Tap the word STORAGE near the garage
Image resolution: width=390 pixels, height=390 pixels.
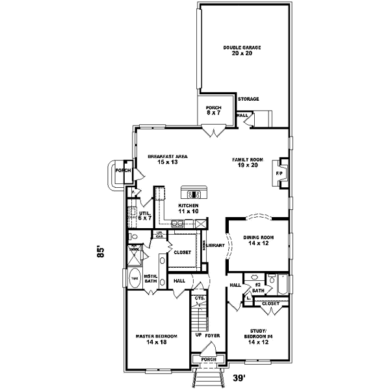point(248,99)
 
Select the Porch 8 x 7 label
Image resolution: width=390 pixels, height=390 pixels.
point(213,110)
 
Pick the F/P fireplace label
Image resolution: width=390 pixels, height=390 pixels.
point(279,174)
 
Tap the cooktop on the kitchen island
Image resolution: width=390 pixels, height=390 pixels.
point(194,194)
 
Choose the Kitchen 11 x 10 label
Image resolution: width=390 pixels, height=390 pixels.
point(188,209)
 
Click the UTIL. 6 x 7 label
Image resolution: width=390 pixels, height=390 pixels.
point(144,216)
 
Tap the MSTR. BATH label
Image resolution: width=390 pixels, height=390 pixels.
point(151,278)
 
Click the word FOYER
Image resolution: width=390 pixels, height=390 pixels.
point(213,335)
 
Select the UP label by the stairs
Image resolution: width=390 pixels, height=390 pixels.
point(198,335)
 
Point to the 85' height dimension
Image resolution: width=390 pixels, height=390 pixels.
point(101,252)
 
